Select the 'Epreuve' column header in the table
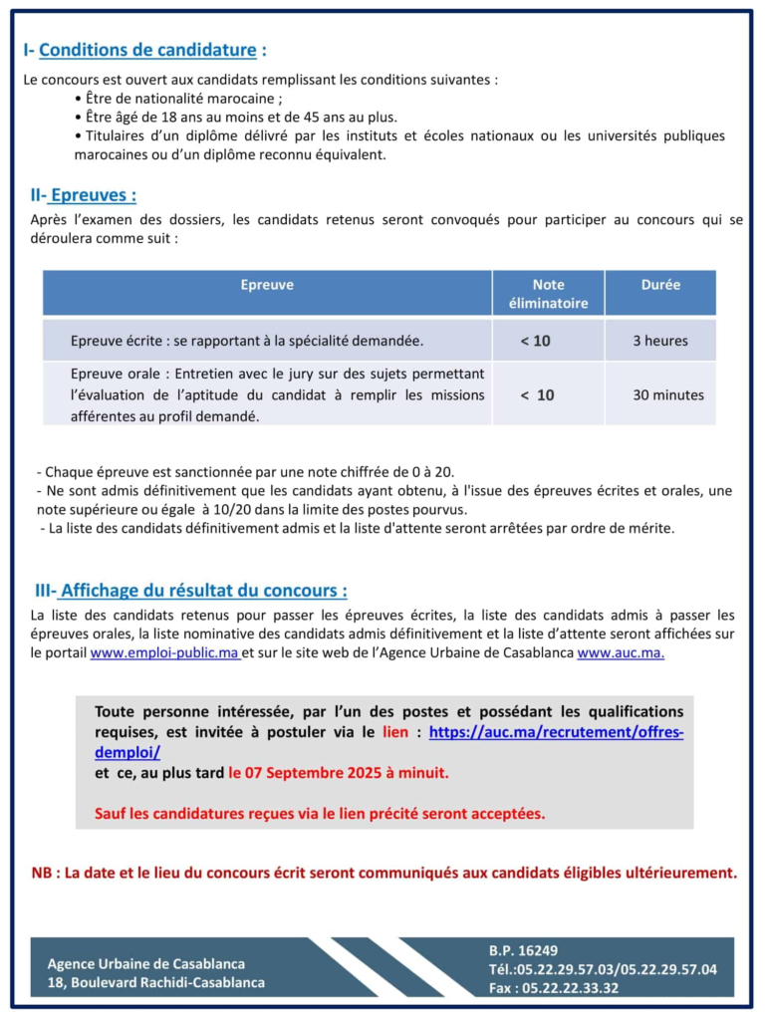267,285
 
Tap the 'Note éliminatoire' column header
548,294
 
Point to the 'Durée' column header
660,285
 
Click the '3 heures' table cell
660,341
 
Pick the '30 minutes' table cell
668,395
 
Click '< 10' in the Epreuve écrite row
536,341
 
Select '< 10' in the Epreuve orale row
538,395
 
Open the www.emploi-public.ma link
164,653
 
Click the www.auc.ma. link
621,653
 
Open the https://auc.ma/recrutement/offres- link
556,732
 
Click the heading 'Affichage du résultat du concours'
203,591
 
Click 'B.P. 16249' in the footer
523,951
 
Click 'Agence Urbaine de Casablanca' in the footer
145,963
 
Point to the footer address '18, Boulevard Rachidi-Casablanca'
155,982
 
